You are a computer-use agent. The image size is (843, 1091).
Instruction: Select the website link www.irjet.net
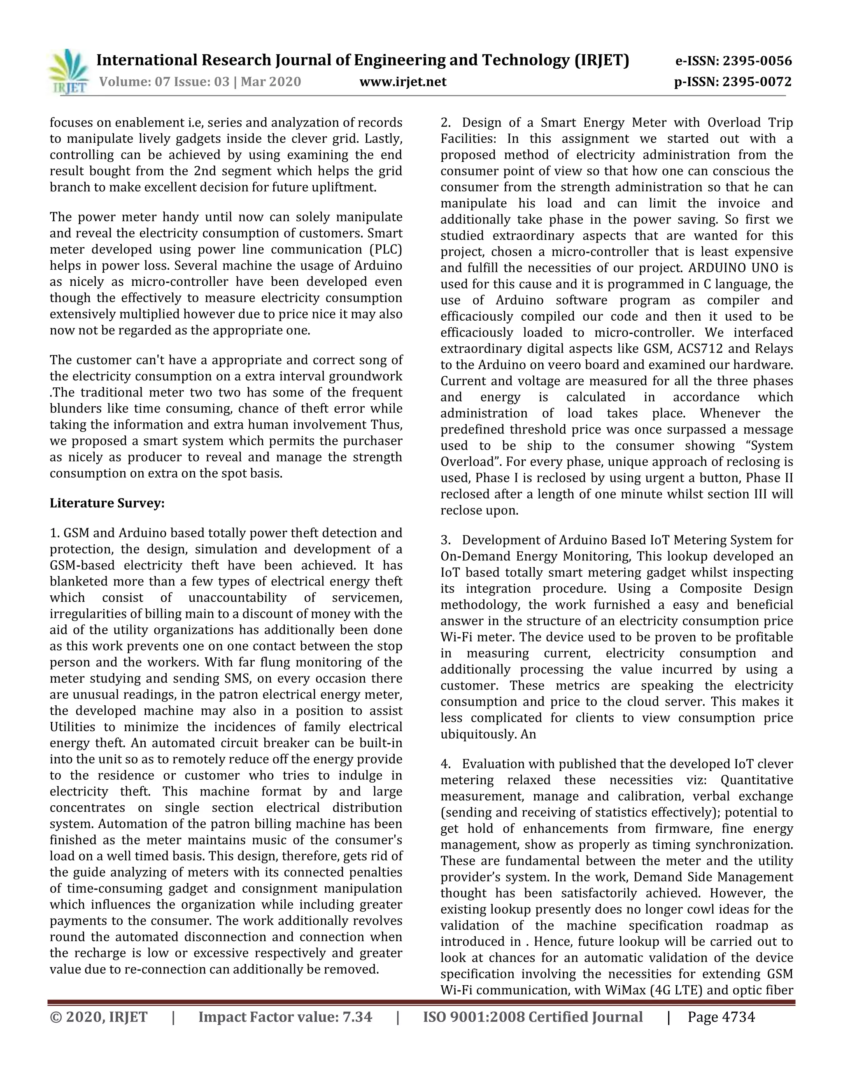click(403, 82)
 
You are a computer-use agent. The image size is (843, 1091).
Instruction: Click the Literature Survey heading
click(107, 503)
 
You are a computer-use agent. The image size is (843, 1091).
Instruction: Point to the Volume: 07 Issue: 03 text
click(165, 82)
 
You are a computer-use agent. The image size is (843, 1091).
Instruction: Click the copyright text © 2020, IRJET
click(98, 1017)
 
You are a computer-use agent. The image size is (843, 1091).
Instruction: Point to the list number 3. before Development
click(445, 540)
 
